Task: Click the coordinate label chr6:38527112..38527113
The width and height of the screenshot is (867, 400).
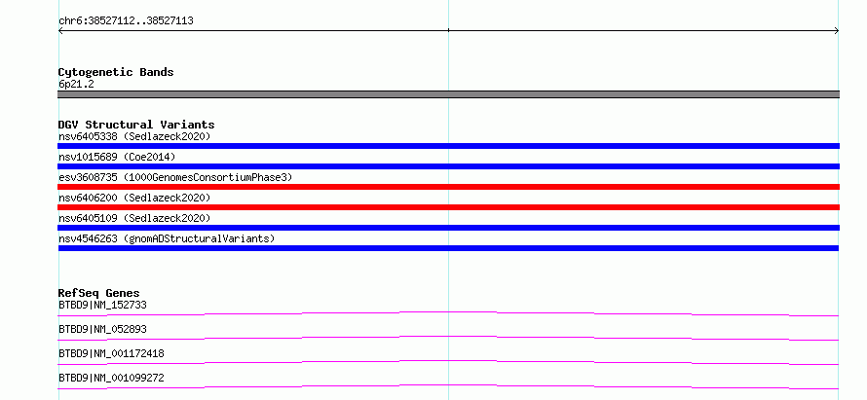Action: tap(126, 21)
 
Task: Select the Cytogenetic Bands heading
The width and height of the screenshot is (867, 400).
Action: tap(116, 72)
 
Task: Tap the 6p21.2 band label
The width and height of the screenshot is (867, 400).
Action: tap(76, 84)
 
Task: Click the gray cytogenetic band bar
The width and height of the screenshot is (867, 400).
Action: tap(448, 94)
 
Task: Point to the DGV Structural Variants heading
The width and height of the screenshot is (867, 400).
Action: tap(136, 125)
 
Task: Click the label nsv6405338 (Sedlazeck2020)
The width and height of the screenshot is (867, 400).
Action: tap(134, 136)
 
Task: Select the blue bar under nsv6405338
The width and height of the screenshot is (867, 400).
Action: tap(448, 146)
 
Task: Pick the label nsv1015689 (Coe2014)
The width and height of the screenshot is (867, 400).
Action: tap(117, 157)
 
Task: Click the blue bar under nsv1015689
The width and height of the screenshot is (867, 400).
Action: tap(448, 166)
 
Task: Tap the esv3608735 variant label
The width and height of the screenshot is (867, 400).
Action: tap(175, 177)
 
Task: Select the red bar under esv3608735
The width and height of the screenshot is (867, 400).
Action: tap(448, 187)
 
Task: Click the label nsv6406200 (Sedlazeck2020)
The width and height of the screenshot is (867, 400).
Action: tap(134, 198)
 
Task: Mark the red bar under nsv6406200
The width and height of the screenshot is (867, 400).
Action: tap(448, 207)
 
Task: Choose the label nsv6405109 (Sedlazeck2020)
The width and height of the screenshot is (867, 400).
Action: tap(134, 218)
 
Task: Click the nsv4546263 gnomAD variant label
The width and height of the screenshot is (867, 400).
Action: tap(167, 238)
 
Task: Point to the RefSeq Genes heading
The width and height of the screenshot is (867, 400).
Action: tap(99, 293)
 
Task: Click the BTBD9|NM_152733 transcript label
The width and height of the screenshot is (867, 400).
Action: tap(102, 305)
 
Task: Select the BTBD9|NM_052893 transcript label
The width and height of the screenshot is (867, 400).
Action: tap(102, 329)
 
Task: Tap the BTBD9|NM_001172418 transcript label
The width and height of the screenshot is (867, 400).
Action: tap(111, 353)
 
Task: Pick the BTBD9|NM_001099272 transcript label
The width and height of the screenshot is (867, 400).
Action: tap(111, 378)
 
